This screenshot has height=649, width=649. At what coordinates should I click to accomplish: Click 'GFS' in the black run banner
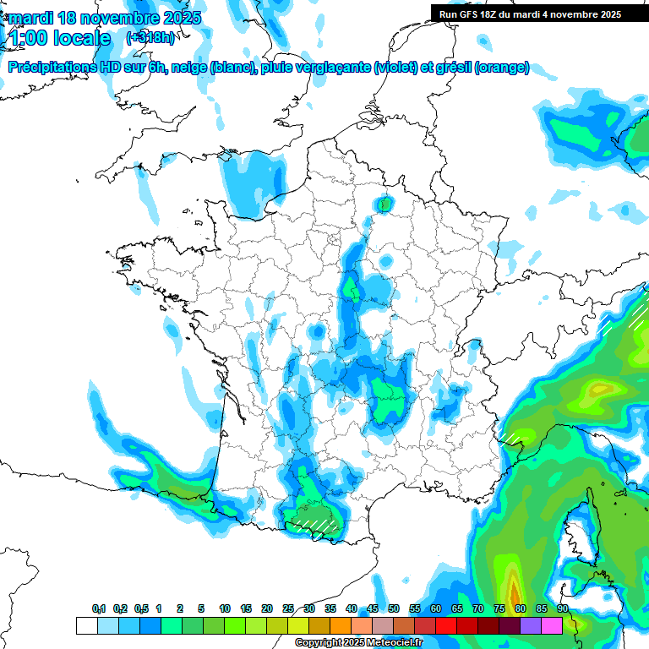coord(467,14)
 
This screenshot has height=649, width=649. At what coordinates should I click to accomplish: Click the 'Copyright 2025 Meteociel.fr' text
coord(359,643)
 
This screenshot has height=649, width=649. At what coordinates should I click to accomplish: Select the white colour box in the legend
coord(86,625)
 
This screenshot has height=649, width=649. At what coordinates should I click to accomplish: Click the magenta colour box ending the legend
coord(552,625)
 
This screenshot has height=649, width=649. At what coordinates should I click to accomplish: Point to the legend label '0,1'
coord(99,609)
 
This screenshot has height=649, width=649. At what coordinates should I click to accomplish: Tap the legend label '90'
coord(562,609)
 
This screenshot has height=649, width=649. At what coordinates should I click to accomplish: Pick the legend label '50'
coord(394,609)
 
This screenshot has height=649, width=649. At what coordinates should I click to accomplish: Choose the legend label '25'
coord(288,609)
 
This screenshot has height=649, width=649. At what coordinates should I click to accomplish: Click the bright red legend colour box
coord(446,625)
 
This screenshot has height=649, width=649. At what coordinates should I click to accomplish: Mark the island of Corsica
coord(577,528)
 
